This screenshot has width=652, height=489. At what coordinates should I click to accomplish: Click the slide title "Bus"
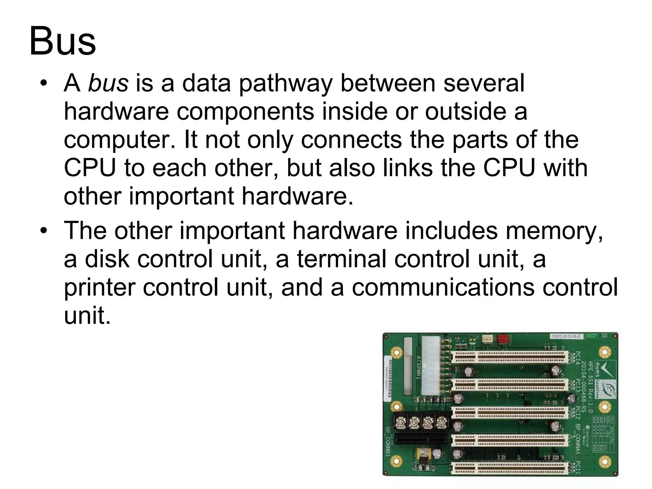62,42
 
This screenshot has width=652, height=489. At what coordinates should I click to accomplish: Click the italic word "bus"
108,83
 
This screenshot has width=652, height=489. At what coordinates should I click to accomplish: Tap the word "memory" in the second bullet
554,231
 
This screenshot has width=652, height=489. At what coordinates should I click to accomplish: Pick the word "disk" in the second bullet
107,259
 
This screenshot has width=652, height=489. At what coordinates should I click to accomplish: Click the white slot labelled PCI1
510,468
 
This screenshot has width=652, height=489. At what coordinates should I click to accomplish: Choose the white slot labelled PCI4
510,357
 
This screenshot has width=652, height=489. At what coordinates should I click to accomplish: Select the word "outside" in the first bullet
465,111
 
